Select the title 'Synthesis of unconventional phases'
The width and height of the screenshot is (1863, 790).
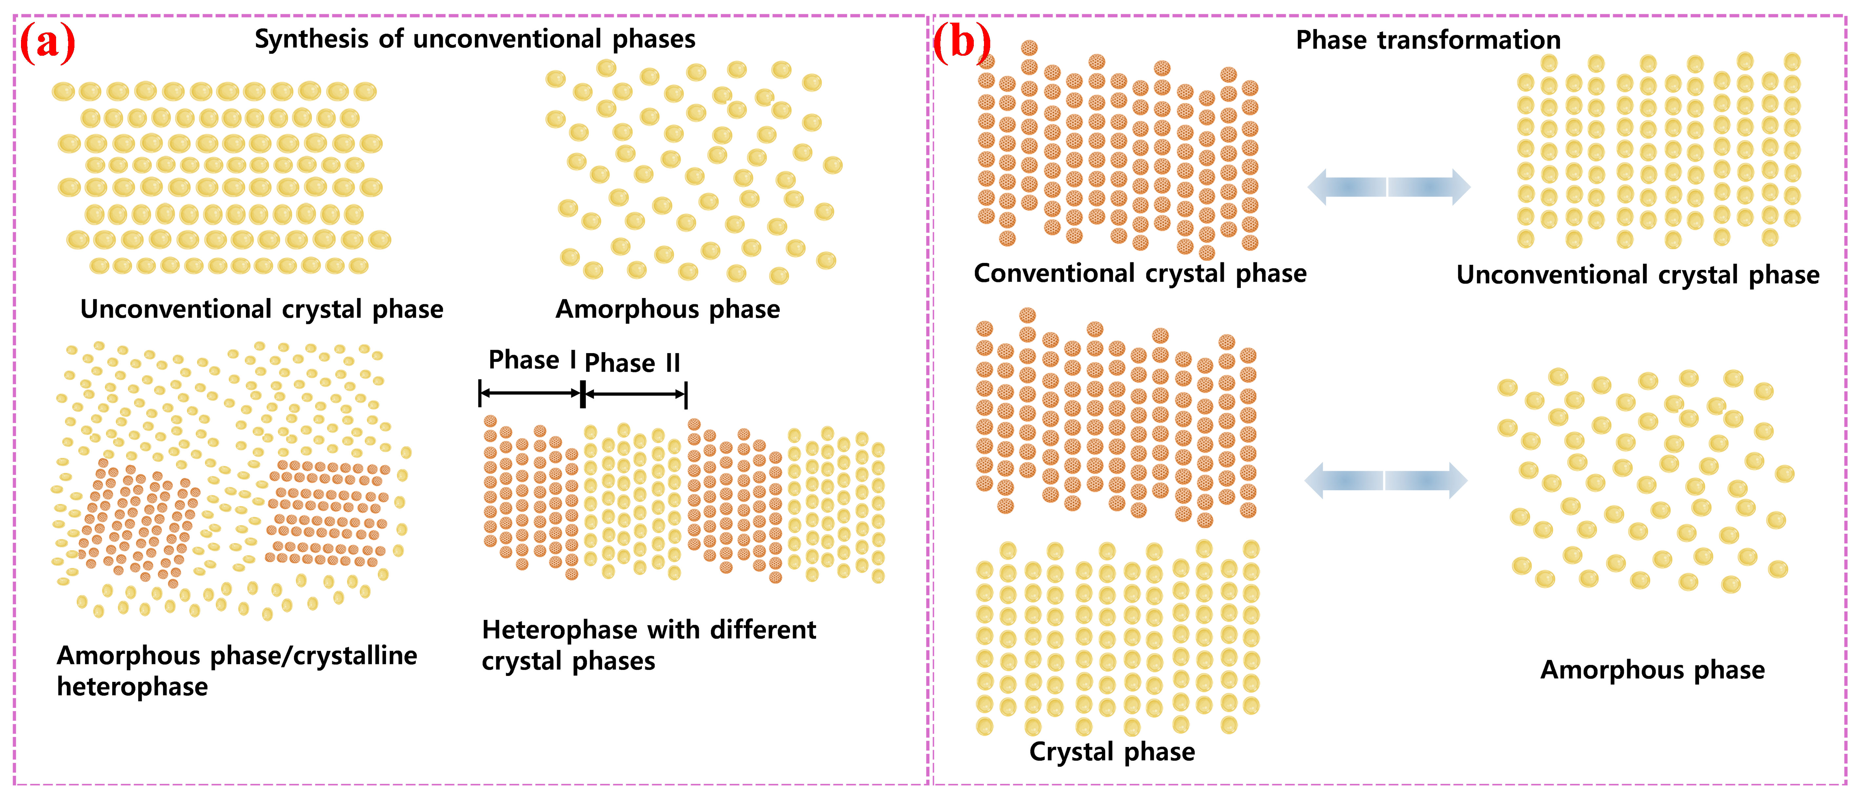[x=474, y=39]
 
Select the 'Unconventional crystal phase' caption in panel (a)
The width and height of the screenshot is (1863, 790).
[x=262, y=309]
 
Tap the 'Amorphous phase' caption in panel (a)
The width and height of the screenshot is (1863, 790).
[x=667, y=309]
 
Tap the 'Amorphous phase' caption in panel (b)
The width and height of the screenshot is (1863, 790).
[x=1652, y=670]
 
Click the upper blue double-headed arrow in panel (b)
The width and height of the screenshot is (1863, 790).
[x=1389, y=187]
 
